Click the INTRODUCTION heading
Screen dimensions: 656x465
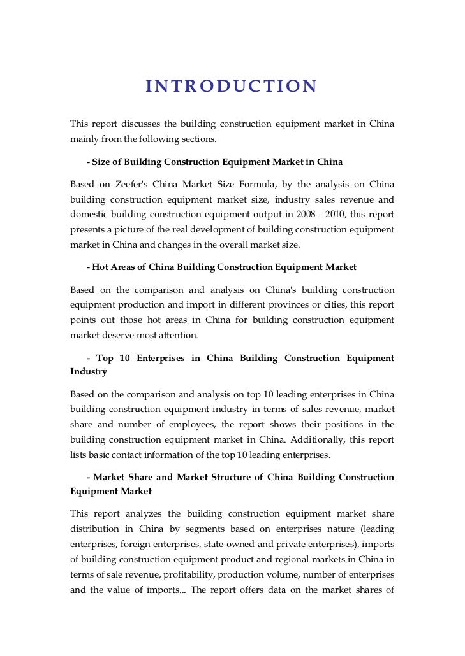(x=231, y=86)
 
